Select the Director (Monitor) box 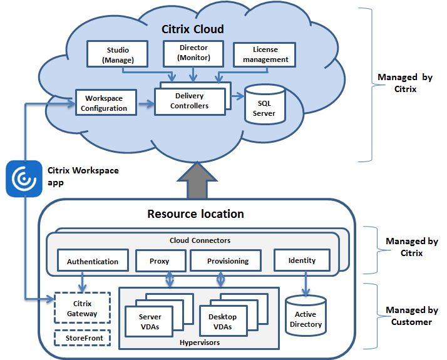click(x=193, y=53)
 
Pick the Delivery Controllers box click(x=190, y=101)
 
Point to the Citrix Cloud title click(x=193, y=29)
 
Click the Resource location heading click(x=195, y=214)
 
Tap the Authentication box click(x=93, y=261)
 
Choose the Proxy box click(x=160, y=261)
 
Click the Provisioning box click(x=227, y=261)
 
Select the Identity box click(x=302, y=260)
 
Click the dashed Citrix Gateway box click(x=82, y=308)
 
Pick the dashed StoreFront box click(x=82, y=339)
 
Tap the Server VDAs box click(x=150, y=321)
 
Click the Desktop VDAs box click(x=223, y=322)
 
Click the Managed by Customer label click(x=411, y=316)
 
